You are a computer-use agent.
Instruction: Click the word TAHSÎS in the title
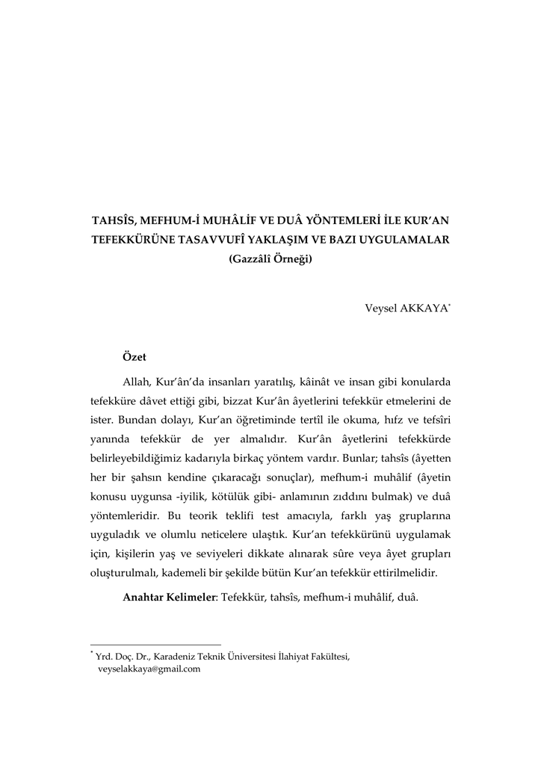point(115,222)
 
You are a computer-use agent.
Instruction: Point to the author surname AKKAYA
point(423,308)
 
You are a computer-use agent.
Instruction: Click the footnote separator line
point(155,645)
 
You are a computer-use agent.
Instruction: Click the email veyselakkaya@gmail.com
point(149,669)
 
